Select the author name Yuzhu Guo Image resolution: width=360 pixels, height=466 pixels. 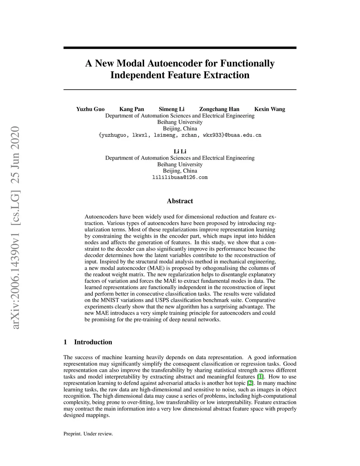point(90,109)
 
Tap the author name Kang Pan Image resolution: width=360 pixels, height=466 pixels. point(132,109)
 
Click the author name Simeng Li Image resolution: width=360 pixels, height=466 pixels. point(172,109)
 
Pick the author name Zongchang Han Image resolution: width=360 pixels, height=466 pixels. point(219,109)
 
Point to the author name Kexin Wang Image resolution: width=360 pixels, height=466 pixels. point(270,109)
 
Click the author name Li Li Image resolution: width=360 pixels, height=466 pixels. point(180,152)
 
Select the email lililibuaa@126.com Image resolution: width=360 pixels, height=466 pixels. point(180,177)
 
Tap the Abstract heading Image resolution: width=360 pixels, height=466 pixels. point(180,201)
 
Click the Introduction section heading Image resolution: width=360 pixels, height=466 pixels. point(93,342)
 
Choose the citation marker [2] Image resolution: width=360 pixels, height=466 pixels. point(250,383)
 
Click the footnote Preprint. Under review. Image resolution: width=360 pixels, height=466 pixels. point(88,434)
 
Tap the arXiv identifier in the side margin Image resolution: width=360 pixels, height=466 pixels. point(16,229)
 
